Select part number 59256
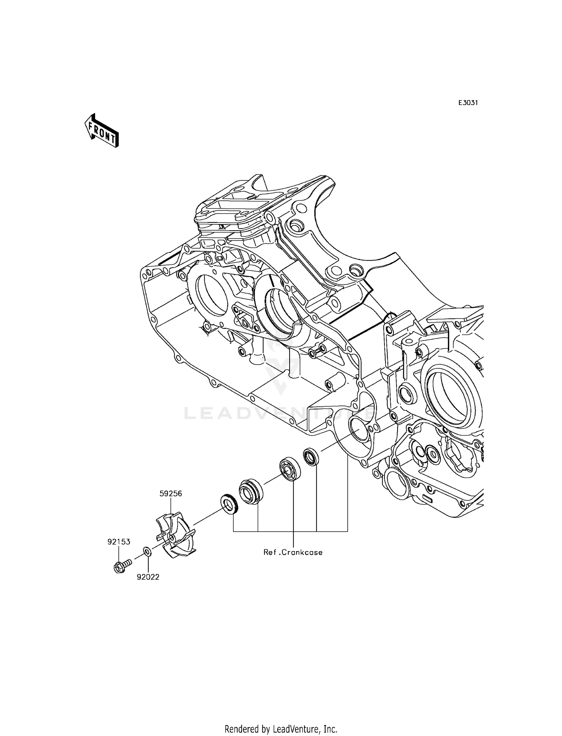(x=170, y=494)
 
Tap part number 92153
(x=119, y=542)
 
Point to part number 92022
(x=148, y=577)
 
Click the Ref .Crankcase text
(x=293, y=553)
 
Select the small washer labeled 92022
(x=147, y=551)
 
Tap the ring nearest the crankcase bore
(x=311, y=457)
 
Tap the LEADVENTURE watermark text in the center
(x=279, y=413)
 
